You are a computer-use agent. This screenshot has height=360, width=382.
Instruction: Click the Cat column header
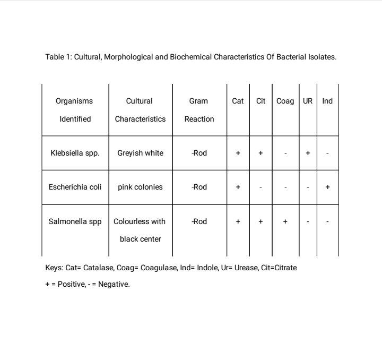tap(238, 101)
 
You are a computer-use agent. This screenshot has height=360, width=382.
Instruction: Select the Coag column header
tap(285, 101)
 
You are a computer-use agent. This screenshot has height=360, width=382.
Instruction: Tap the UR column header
tap(308, 101)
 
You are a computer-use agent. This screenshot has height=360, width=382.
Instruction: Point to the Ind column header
tap(327, 101)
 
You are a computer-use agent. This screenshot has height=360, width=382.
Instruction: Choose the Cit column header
tap(261, 101)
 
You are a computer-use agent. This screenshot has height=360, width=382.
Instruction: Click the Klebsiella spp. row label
tap(75, 153)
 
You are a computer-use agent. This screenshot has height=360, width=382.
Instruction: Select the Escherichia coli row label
tap(75, 187)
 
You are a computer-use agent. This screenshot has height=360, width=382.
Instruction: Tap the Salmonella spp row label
tap(75, 221)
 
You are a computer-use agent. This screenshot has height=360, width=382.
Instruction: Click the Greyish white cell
tap(140, 153)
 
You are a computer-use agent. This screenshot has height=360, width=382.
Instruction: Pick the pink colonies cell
tap(140, 187)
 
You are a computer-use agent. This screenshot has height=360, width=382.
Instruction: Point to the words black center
tap(140, 239)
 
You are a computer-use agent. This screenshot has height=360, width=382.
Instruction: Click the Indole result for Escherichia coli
tap(327, 187)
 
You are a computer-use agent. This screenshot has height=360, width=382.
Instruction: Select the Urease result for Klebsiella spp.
tap(308, 153)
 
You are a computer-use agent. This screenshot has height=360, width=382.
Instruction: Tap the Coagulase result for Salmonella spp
tap(285, 221)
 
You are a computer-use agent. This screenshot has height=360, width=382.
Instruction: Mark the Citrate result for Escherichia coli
tap(261, 187)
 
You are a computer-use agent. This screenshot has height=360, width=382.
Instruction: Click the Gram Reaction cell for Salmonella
tap(199, 221)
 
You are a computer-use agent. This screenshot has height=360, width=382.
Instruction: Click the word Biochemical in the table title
tap(191, 57)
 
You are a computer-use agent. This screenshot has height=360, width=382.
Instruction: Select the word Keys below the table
tap(54, 268)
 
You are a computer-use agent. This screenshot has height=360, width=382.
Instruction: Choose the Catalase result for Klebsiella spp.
tap(238, 153)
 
